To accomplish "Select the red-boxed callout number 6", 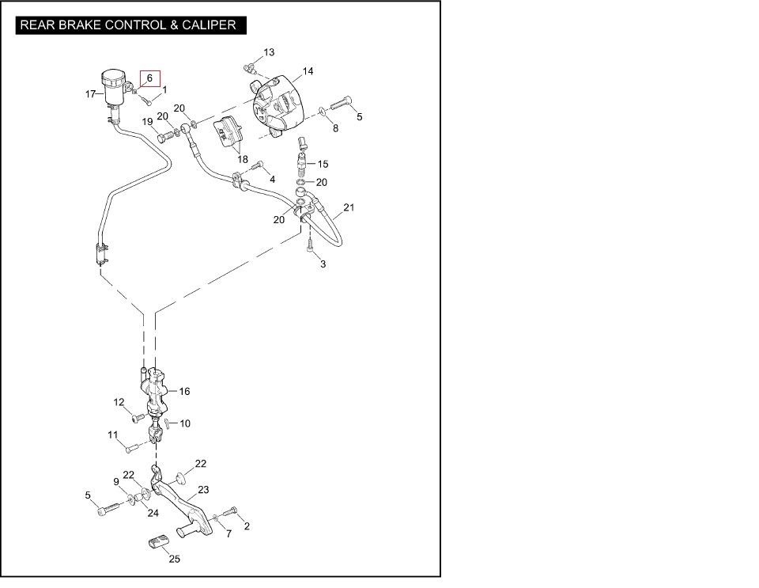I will click(149, 78).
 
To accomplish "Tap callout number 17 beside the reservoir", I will click(90, 94).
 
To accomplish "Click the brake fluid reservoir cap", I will click(113, 76).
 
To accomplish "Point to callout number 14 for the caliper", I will click(308, 71).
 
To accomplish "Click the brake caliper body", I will click(278, 103).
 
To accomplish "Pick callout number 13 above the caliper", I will click(269, 52).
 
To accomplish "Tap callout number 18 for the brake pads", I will click(243, 159).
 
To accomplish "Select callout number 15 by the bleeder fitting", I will click(322, 164).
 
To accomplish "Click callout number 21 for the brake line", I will click(349, 208).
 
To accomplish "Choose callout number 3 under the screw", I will click(323, 264).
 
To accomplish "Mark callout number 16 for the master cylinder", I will click(184, 391).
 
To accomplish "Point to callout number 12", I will click(119, 402).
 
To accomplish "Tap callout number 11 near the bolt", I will click(113, 434).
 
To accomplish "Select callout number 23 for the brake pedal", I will click(203, 490).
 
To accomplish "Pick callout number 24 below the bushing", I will click(153, 513).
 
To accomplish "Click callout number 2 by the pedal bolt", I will click(247, 525).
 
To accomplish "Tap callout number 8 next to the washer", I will click(335, 128).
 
